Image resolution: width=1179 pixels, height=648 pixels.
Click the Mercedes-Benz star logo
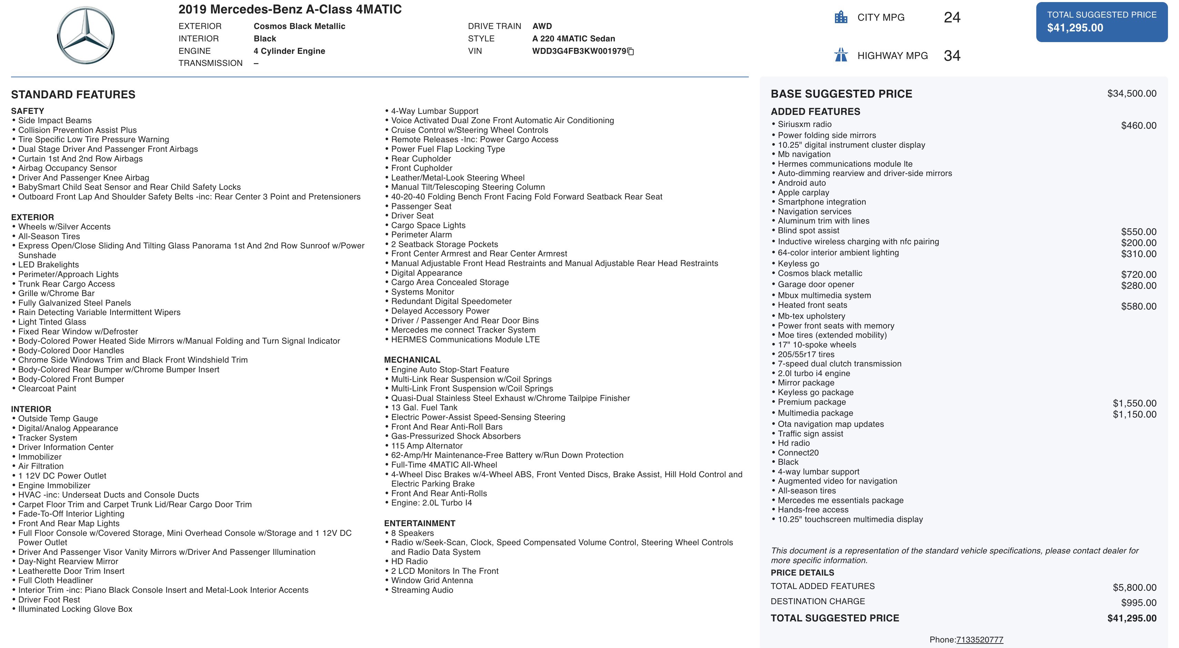[x=85, y=35]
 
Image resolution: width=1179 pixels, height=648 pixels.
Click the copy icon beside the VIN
[x=631, y=51]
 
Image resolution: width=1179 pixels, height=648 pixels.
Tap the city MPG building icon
[x=841, y=17]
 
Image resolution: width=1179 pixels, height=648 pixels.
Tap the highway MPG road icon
[x=841, y=55]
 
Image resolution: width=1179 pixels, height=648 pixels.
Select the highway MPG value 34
[x=951, y=56]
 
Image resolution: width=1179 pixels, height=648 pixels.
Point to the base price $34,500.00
[x=1131, y=94]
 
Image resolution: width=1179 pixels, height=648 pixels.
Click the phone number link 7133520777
[x=979, y=639]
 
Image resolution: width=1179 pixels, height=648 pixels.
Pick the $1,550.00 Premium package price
[x=1134, y=403]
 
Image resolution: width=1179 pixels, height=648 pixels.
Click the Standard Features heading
[x=73, y=94]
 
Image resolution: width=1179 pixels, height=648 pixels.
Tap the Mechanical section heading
[x=412, y=360]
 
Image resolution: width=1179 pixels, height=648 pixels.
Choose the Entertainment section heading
[x=419, y=523]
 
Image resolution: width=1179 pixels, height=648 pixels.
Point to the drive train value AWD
[x=542, y=26]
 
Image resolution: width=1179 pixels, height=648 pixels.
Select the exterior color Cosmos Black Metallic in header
[x=299, y=26]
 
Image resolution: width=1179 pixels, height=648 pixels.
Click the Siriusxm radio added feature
[x=804, y=124]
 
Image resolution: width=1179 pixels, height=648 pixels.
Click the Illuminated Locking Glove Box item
[x=75, y=609]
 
